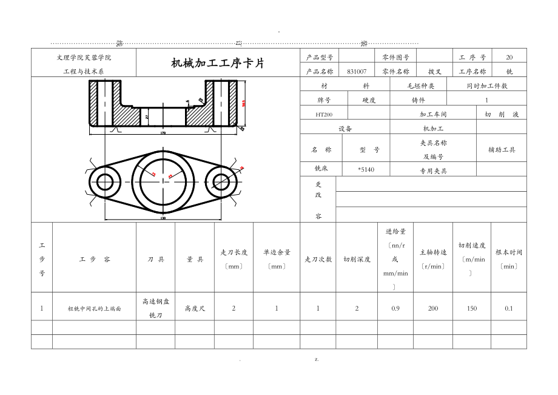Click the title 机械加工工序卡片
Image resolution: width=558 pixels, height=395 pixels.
pyautogui.click(x=218, y=63)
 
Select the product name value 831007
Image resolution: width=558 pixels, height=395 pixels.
pyautogui.click(x=357, y=71)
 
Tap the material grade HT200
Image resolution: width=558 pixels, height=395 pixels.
pyautogui.click(x=324, y=114)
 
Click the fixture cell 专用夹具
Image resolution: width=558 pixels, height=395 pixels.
pyautogui.click(x=433, y=171)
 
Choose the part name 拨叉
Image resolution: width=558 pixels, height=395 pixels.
pyautogui.click(x=435, y=71)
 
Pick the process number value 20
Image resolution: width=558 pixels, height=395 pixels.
pyautogui.click(x=509, y=57)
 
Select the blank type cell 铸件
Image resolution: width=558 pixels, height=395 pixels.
pyautogui.click(x=418, y=100)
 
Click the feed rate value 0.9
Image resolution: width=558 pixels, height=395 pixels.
pyautogui.click(x=395, y=308)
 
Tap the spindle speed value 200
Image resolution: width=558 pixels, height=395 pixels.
pyautogui.click(x=433, y=308)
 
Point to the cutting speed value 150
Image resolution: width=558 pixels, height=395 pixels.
pyautogui.click(x=471, y=308)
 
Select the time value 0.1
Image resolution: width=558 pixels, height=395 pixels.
pyautogui.click(x=508, y=308)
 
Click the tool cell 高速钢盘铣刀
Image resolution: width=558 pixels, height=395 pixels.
pyautogui.click(x=155, y=308)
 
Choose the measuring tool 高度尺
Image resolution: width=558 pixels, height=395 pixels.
pyautogui.click(x=195, y=308)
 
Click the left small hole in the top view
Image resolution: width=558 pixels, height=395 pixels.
pyautogui.click(x=106, y=181)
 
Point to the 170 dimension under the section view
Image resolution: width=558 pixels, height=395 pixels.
pyautogui.click(x=163, y=132)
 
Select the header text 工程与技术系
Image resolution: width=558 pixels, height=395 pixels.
pyautogui.click(x=84, y=71)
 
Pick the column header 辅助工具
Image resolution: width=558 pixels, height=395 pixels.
pyautogui.click(x=502, y=149)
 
